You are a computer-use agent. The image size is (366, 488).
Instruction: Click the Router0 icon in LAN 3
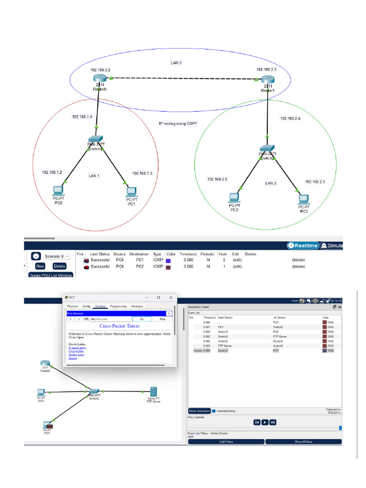[98, 79]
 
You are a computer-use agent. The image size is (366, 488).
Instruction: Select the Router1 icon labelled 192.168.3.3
[268, 79]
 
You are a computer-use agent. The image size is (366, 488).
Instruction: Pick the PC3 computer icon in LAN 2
[303, 199]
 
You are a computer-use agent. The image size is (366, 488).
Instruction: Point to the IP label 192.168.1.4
[82, 117]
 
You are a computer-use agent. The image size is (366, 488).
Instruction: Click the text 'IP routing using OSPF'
[178, 123]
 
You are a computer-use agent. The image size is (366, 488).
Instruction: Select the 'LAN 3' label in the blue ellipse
[176, 63]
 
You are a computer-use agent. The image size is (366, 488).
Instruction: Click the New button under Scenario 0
[40, 266]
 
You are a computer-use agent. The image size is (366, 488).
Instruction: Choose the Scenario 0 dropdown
[57, 256]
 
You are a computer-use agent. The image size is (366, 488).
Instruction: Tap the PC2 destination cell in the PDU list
[140, 267]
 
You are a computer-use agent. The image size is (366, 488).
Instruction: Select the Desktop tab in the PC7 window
[100, 306]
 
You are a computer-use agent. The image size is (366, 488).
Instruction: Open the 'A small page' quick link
[77, 348]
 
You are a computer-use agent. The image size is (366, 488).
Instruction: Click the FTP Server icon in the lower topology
[153, 392]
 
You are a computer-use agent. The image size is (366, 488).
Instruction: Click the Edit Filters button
[226, 441]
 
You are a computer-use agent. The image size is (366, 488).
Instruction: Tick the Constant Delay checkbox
[214, 411]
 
